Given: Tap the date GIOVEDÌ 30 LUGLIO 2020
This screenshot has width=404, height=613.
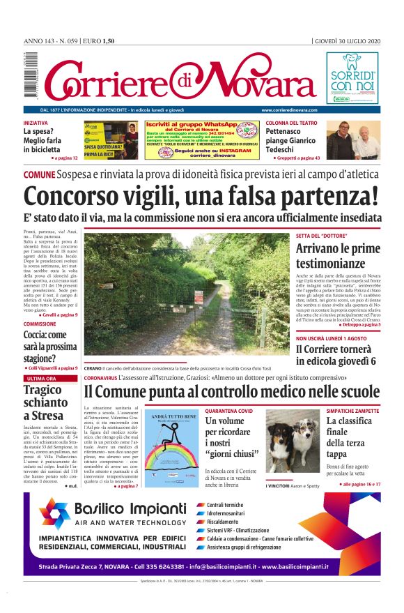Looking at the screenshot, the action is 347,40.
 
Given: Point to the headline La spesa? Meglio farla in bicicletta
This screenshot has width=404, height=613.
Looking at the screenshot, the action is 45,140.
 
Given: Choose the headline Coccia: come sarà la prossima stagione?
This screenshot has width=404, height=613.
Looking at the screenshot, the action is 48,345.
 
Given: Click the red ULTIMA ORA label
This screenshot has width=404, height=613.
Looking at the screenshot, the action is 41,379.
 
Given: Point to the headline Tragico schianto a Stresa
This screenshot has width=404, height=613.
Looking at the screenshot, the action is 46,402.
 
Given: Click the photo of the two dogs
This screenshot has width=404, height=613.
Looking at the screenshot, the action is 291,442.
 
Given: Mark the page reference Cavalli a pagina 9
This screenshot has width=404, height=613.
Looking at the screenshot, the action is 58,315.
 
